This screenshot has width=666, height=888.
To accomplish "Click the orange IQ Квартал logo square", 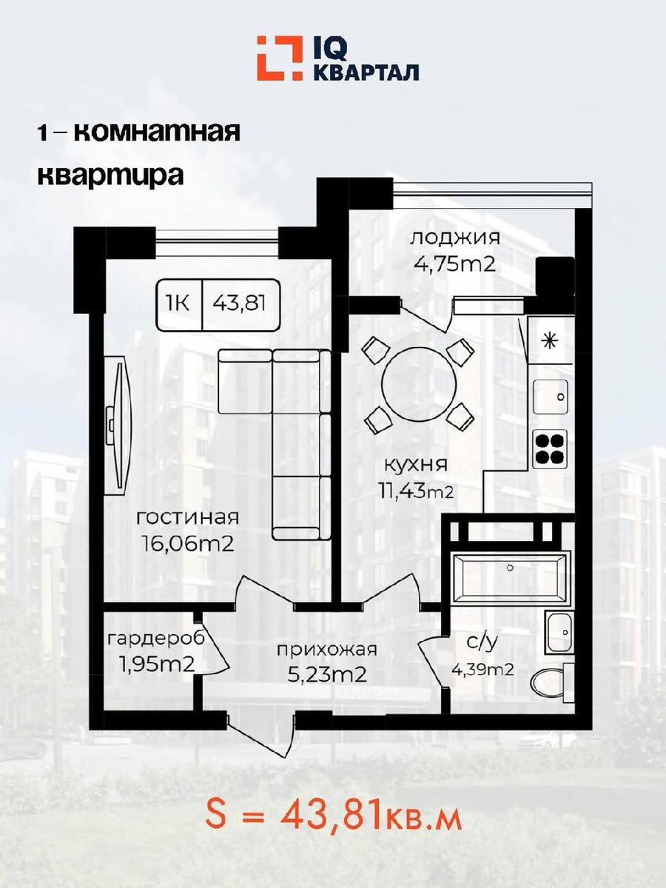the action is [x=280, y=58].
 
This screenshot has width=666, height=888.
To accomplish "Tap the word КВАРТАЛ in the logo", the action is [x=366, y=73].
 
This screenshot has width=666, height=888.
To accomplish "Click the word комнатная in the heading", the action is [x=158, y=132].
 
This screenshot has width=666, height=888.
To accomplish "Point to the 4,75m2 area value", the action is [x=454, y=265].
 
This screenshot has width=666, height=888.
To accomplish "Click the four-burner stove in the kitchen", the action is [x=550, y=448].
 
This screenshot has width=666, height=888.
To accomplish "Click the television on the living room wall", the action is [x=118, y=428].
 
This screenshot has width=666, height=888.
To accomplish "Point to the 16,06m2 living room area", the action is [x=189, y=545].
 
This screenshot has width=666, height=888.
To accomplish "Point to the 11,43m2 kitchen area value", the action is [x=416, y=492].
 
